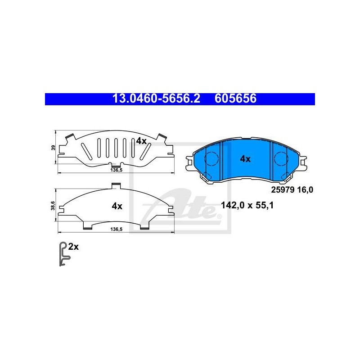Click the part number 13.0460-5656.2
coord(156,99)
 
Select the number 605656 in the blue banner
coord(235,99)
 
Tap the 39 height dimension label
coord(54,148)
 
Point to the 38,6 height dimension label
coord(53,206)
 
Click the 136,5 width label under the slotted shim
coord(117,170)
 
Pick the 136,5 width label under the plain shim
coord(117,229)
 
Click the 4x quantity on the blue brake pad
coord(245,159)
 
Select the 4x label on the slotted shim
coord(141,141)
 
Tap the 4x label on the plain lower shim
coord(117,206)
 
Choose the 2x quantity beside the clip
coord(73,247)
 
